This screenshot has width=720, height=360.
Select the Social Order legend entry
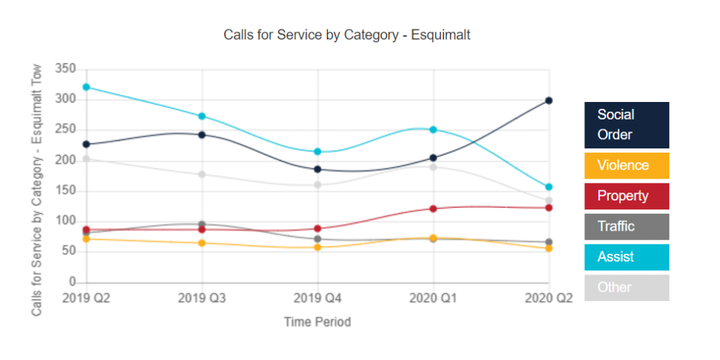tap(626, 124)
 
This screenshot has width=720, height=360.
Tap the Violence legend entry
tap(626, 165)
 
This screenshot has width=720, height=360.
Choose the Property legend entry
tap(626, 196)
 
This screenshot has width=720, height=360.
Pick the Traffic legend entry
tap(626, 226)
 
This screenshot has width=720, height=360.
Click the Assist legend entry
tap(626, 257)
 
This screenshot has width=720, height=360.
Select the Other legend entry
tap(626, 288)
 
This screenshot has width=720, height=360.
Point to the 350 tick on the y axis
tap(65, 69)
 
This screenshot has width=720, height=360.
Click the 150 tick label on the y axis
tap(65, 191)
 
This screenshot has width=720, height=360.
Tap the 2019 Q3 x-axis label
tap(202, 298)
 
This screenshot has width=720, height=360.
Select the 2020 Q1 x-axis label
tap(433, 298)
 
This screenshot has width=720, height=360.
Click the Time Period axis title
tap(317, 322)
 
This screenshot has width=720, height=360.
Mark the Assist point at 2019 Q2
tap(86, 87)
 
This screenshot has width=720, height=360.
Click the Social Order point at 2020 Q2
tap(548, 101)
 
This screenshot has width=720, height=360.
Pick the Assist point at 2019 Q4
tap(318, 152)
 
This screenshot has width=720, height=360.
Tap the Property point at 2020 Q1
tap(433, 209)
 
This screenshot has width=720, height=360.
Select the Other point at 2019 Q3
tap(202, 174)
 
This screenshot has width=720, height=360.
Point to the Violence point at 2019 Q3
tap(202, 243)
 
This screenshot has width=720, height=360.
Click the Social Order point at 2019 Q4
tap(318, 169)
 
